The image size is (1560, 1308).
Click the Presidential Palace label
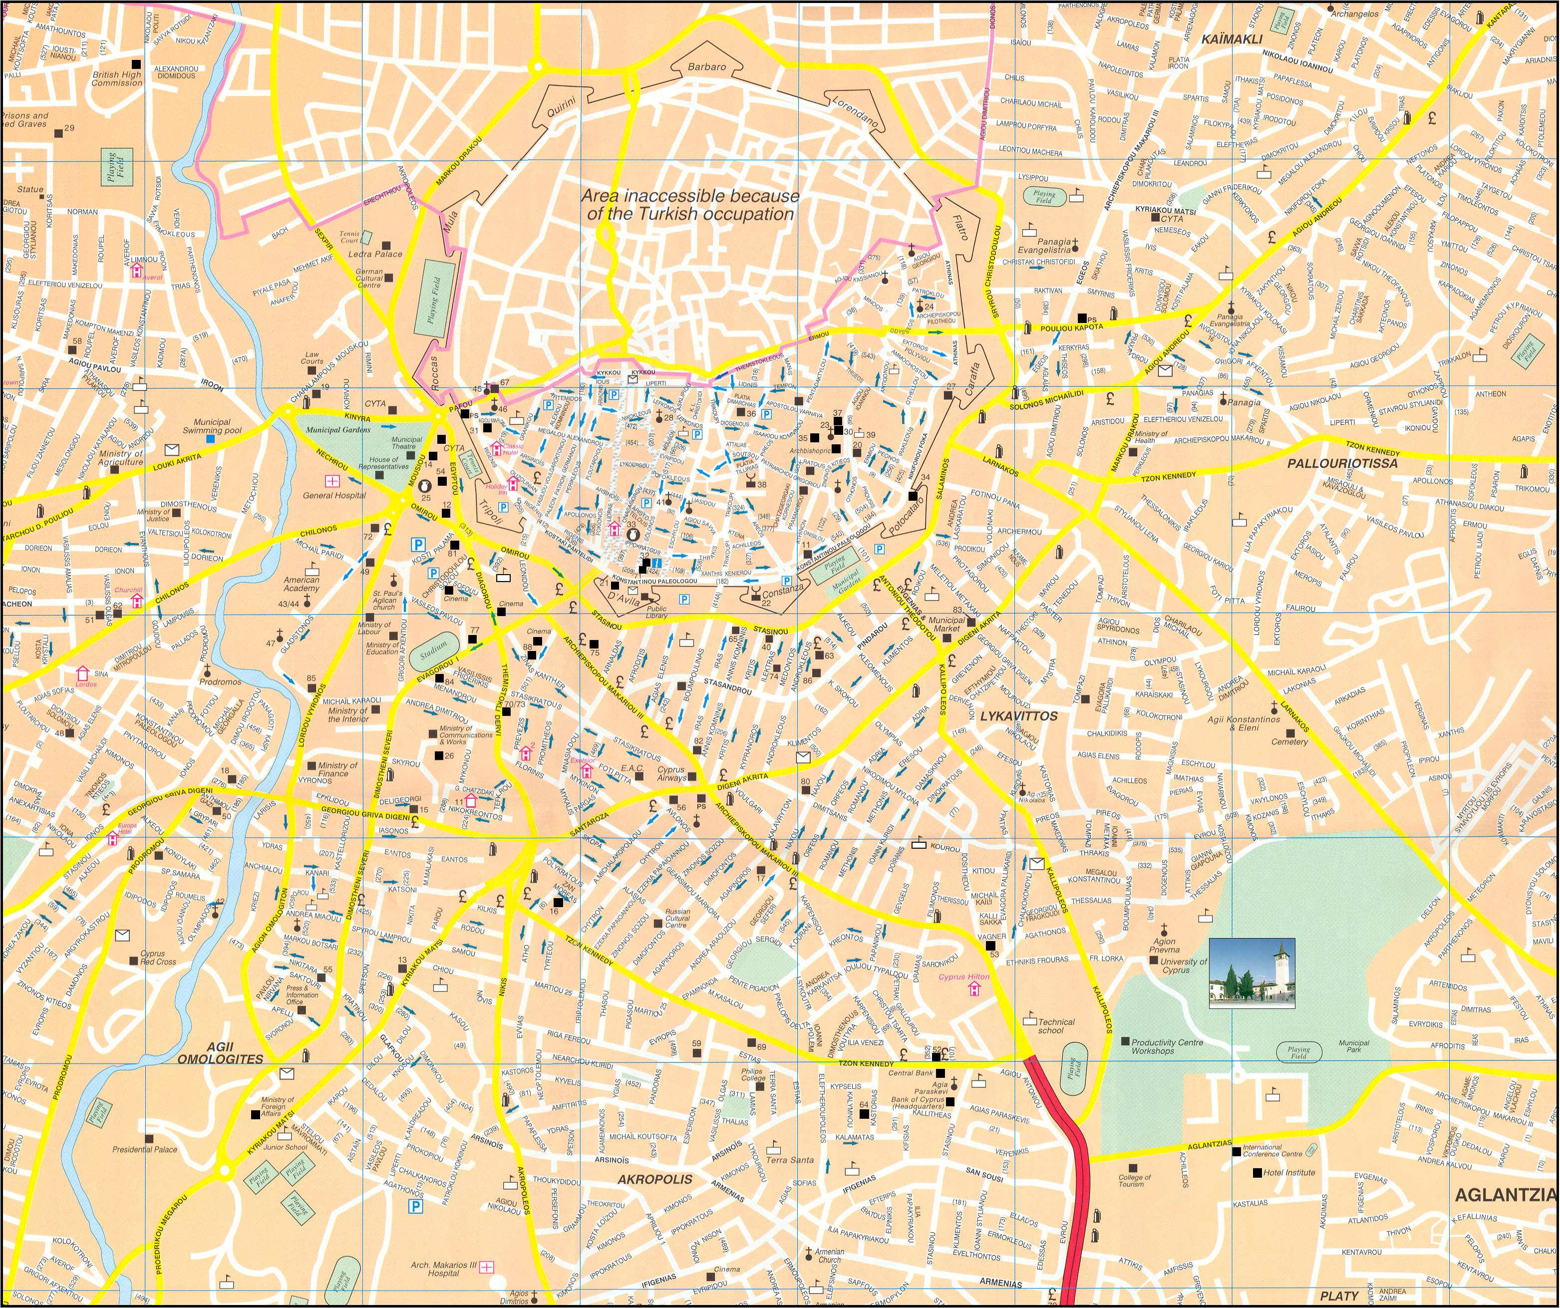point(145,1149)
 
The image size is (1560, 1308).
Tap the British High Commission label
point(117,79)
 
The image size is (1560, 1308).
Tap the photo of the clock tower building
point(1251,973)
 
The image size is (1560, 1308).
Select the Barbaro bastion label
point(706,67)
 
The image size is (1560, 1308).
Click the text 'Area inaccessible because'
point(690,196)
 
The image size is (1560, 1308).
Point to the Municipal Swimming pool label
point(213,426)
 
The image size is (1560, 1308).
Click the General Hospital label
point(334,495)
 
